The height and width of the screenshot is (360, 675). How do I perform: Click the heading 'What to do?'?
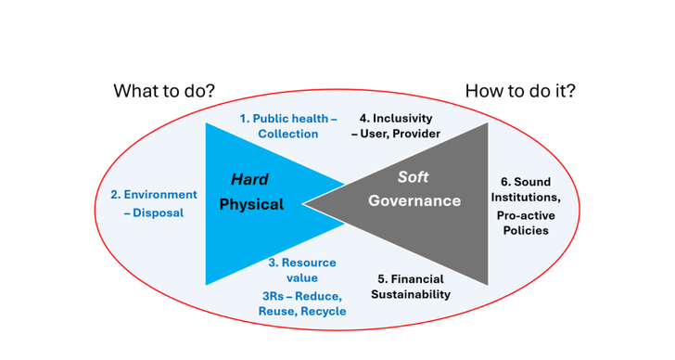tap(164, 91)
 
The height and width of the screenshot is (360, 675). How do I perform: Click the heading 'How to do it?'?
tap(520, 91)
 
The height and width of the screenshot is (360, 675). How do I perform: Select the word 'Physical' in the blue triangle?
tap(251, 204)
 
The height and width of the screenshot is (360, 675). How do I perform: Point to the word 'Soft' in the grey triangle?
tap(414, 177)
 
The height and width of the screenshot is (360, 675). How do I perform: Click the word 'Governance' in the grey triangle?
tap(414, 200)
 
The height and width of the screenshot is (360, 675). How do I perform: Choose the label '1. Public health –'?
tap(287, 119)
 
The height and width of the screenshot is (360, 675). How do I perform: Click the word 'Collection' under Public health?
tap(288, 134)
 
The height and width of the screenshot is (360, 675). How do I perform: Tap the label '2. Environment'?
tap(154, 195)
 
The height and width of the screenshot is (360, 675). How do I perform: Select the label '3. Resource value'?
tap(302, 270)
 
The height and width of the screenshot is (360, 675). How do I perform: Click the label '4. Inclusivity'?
tap(396, 119)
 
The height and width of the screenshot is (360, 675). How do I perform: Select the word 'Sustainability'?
tap(411, 294)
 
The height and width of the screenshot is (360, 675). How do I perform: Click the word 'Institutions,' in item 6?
tap(526, 197)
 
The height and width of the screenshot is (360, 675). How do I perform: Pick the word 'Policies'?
tap(526, 231)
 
